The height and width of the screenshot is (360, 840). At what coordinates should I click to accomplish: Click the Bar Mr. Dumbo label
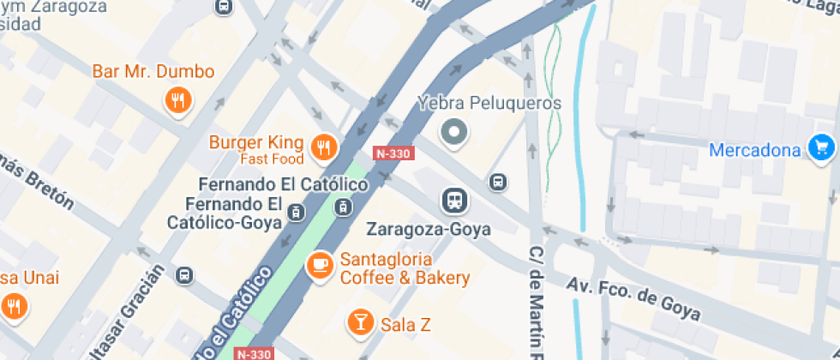153,72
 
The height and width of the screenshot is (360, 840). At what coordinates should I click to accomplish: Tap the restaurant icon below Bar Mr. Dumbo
177,101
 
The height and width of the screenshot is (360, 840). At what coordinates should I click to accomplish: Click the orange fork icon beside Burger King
323,147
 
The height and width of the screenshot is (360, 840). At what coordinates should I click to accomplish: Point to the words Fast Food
272,159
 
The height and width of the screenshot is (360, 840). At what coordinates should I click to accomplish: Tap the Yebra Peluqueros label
489,104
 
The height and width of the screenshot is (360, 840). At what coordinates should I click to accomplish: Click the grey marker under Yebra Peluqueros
455,132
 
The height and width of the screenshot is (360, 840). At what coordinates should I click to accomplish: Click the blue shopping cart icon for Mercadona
821,147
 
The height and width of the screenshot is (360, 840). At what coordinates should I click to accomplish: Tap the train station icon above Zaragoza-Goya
455,201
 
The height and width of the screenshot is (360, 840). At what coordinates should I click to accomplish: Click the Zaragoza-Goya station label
428,230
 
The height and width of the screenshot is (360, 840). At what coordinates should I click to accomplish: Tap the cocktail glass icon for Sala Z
359,322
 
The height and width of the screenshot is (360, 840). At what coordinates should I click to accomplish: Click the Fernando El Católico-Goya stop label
234,215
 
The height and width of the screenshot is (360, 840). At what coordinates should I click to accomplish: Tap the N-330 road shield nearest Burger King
394,153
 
